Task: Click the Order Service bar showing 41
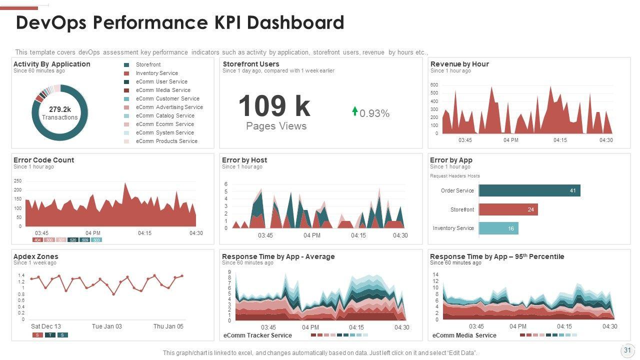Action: click(529, 190)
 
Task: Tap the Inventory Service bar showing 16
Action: click(498, 228)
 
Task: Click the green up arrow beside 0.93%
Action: click(355, 111)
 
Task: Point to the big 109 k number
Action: click(274, 106)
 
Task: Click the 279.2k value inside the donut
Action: click(60, 109)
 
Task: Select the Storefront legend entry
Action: click(148, 65)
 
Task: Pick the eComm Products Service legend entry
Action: click(166, 141)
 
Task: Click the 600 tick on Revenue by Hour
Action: click(434, 85)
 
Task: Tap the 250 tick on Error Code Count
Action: click(17, 181)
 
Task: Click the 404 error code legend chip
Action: click(37, 240)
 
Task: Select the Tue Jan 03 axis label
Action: click(106, 326)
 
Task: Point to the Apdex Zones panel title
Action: click(35, 256)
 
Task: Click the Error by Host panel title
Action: click(244, 160)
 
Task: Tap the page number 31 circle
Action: click(627, 350)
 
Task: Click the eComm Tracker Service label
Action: click(257, 335)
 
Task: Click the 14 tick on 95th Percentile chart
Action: click(435, 275)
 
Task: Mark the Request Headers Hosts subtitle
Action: click(455, 176)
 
